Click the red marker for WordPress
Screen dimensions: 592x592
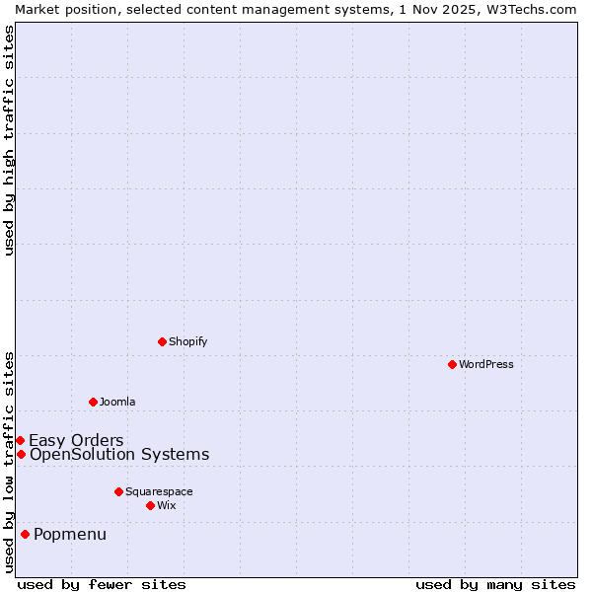click(x=452, y=364)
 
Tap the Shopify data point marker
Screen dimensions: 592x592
click(x=162, y=341)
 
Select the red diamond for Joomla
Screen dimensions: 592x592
click(x=93, y=402)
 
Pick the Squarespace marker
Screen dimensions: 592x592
click(x=118, y=491)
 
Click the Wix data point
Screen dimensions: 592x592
click(x=150, y=505)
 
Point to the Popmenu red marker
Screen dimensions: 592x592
click(x=25, y=534)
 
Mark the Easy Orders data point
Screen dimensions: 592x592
click(x=20, y=440)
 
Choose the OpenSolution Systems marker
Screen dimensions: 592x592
click(x=21, y=454)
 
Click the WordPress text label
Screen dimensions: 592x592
click(x=486, y=364)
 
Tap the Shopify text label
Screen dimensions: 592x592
click(x=187, y=341)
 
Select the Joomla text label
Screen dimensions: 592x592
click(x=117, y=402)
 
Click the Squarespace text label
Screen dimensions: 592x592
click(x=159, y=491)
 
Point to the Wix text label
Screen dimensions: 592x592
click(x=166, y=505)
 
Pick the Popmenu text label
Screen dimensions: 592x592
click(x=70, y=535)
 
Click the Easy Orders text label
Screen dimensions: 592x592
click(x=76, y=440)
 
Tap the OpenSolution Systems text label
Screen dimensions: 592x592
click(x=119, y=454)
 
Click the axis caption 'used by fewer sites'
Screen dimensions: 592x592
click(x=102, y=584)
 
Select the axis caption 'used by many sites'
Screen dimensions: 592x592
click(x=495, y=584)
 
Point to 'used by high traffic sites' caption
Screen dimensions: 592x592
click(x=9, y=140)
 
